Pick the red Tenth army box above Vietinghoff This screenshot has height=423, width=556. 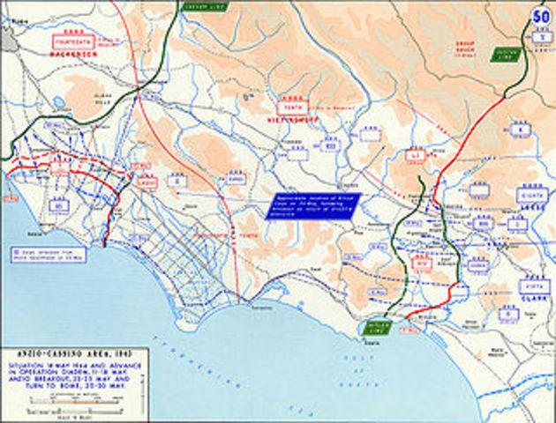[x=289, y=103]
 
